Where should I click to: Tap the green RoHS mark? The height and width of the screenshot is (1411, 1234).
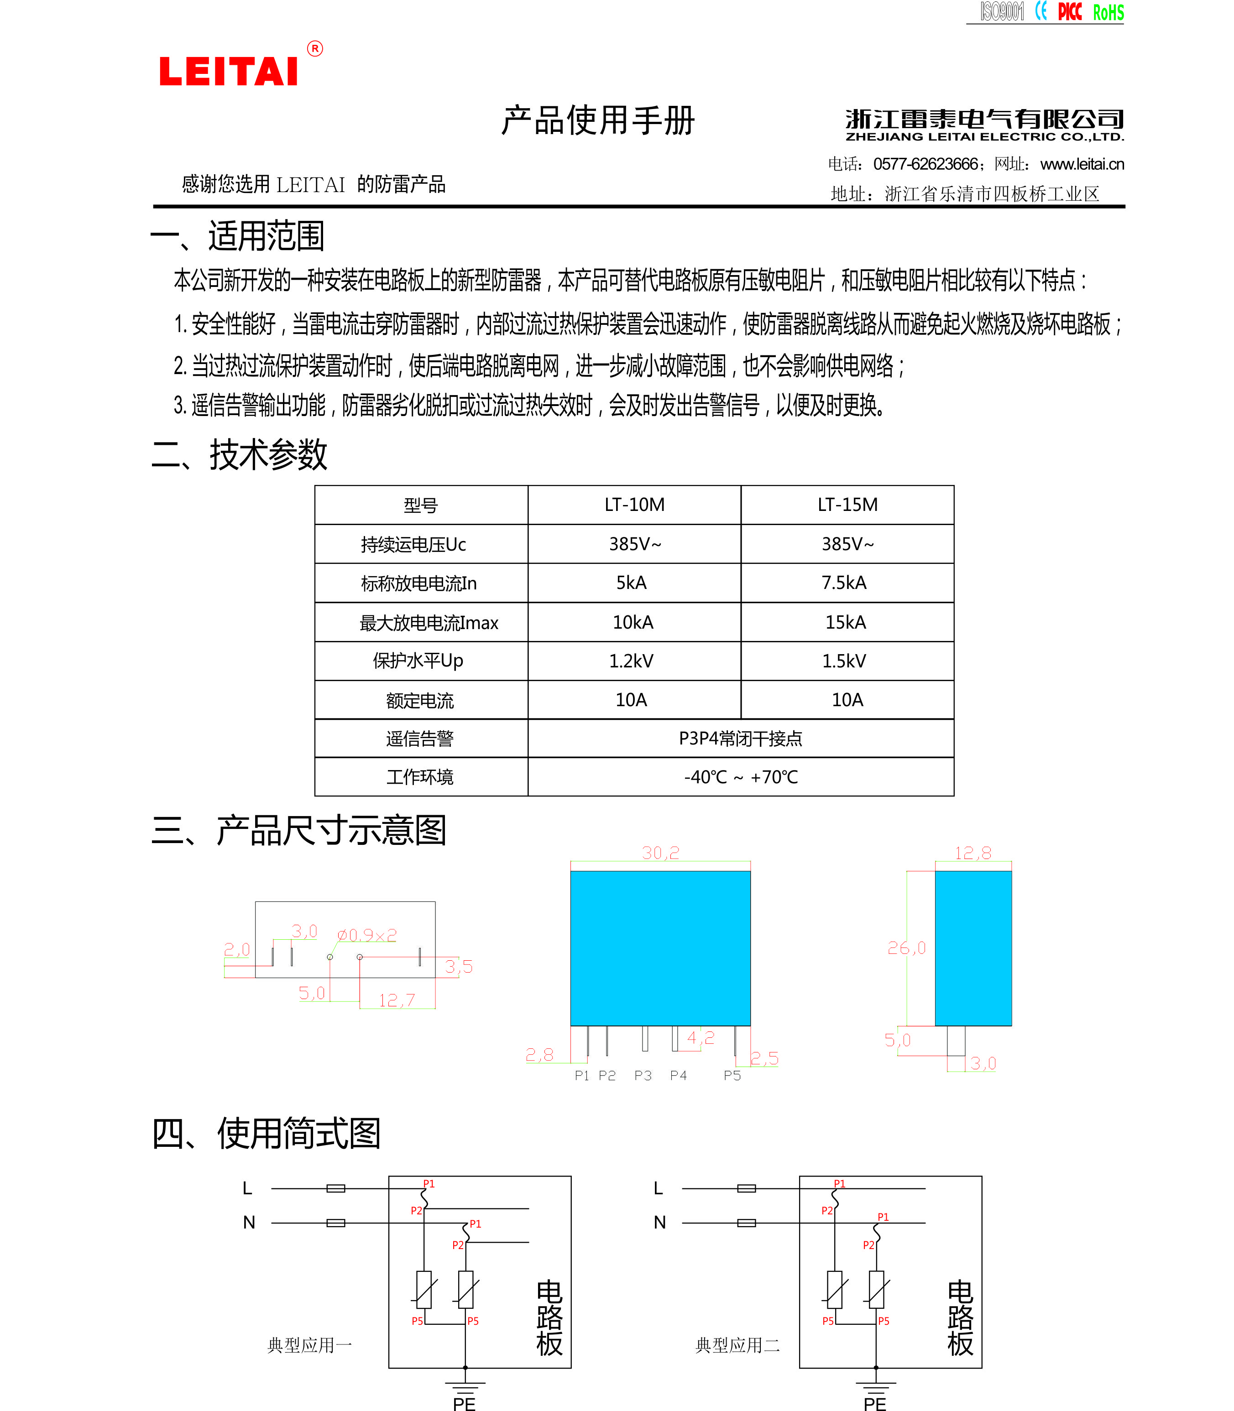click(1108, 12)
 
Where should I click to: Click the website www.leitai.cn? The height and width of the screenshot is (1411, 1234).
click(1082, 164)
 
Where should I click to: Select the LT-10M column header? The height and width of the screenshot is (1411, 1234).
click(634, 505)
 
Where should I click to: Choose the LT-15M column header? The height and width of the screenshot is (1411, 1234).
click(847, 505)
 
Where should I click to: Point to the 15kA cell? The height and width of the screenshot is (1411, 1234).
click(846, 622)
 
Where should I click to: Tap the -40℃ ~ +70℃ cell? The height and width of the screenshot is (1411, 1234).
click(741, 777)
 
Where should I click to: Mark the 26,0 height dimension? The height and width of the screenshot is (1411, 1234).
click(906, 948)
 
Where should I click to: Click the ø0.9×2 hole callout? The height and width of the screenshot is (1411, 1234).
click(367, 935)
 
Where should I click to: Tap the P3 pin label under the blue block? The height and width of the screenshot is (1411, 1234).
click(643, 1075)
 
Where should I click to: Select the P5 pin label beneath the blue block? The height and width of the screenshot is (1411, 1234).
click(732, 1075)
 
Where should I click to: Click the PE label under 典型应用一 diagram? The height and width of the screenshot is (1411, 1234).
click(464, 1403)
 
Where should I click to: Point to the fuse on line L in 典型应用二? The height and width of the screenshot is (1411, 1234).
click(747, 1188)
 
